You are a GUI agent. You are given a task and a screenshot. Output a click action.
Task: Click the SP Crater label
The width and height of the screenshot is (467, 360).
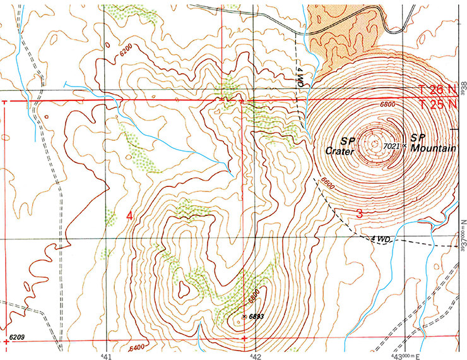tap(341, 145)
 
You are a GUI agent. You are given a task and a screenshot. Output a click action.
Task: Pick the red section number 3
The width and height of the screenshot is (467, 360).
tap(359, 213)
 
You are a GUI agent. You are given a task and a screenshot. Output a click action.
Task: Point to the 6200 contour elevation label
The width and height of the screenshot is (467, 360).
tap(127, 49)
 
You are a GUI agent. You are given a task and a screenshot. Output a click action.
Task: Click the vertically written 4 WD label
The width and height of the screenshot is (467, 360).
tap(301, 76)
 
